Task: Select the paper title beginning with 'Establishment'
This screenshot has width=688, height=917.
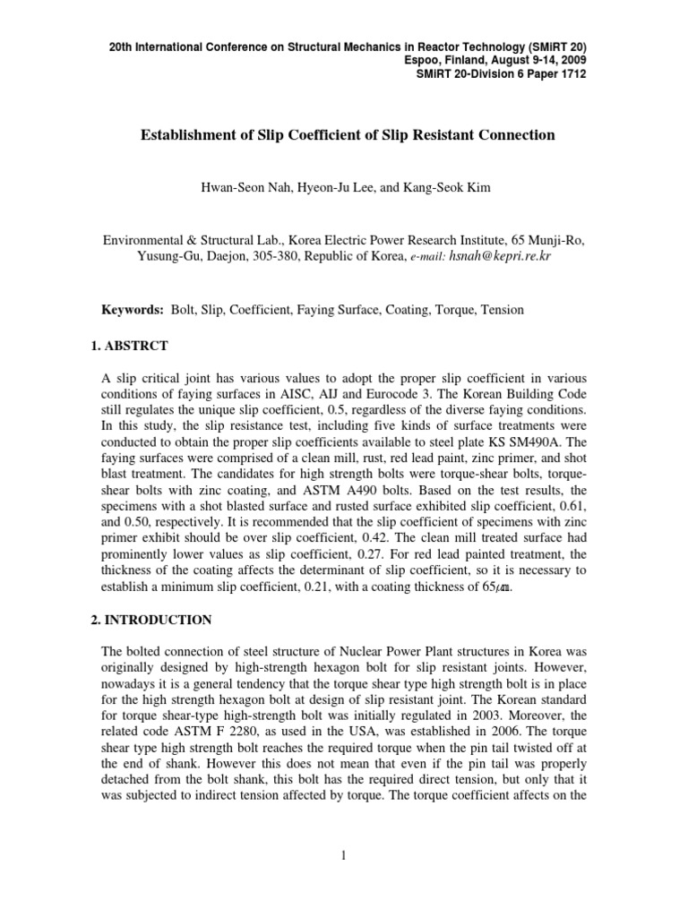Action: [x=348, y=135]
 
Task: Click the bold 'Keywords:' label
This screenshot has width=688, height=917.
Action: [x=132, y=310]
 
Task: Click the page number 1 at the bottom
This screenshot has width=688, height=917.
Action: [x=343, y=857]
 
